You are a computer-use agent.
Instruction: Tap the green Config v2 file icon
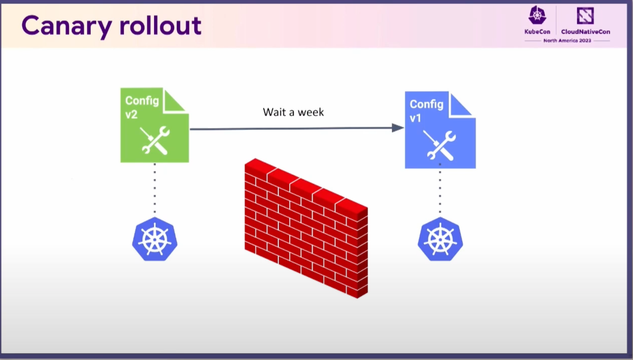pos(155,125)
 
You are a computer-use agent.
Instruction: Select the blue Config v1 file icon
pos(440,130)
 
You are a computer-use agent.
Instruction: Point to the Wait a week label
pos(293,112)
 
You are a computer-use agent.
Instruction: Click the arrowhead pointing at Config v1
pos(398,128)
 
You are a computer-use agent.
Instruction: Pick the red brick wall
pos(306,228)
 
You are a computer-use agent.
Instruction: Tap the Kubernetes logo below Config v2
pos(155,239)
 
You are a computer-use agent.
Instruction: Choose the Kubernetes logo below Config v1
pos(440,239)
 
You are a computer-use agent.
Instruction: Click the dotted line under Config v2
pos(155,188)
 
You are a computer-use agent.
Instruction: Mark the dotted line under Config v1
pos(440,189)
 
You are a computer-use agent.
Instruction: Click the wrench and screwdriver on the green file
pos(155,140)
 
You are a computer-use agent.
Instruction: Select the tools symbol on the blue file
pos(439,146)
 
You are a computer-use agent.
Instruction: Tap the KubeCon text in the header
pos(537,32)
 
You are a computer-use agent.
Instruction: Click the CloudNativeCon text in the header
pos(585,32)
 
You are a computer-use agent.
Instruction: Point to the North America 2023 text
pos(567,41)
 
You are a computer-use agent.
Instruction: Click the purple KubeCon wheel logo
pos(537,15)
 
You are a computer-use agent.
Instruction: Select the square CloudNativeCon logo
pos(585,15)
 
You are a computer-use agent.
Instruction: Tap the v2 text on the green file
pos(131,115)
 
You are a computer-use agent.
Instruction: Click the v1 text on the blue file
pos(415,118)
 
